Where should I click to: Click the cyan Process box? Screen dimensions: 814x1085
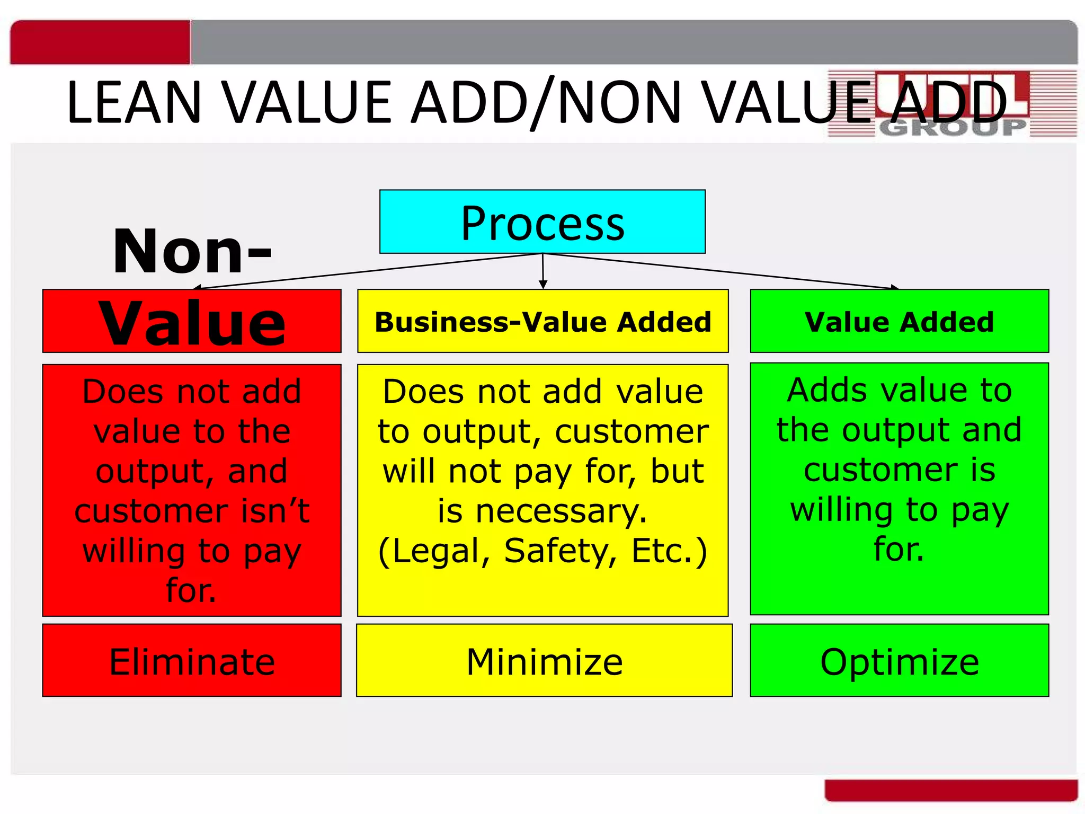[542, 222]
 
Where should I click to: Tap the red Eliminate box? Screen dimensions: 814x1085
[192, 660]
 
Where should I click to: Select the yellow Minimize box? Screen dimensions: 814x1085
[544, 660]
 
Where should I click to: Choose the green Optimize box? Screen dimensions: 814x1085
[899, 660]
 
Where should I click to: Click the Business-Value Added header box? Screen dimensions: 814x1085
[542, 321]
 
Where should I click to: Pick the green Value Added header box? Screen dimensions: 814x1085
[899, 321]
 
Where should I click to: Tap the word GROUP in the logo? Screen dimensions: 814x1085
[953, 128]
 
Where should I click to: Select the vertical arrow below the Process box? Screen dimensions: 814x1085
[542, 271]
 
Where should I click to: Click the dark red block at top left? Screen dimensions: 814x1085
[100, 42]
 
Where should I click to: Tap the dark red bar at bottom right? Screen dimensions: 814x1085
[951, 790]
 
